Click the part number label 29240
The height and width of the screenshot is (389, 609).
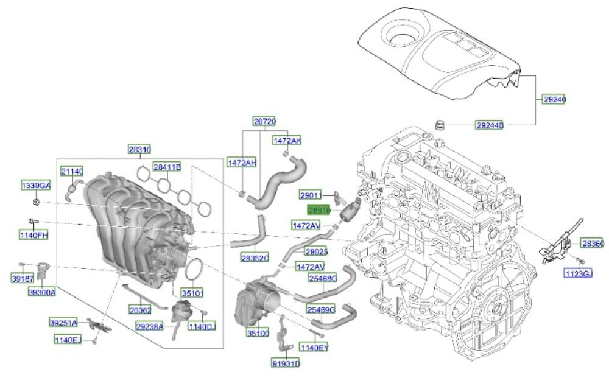click(554, 99)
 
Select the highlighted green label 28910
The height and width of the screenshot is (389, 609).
click(319, 211)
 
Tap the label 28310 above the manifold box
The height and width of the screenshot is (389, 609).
click(140, 150)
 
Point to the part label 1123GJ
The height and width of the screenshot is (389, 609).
click(579, 274)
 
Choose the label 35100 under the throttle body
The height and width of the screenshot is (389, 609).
click(258, 333)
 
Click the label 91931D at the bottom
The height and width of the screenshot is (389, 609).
click(286, 363)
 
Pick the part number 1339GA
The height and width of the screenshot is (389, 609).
click(36, 186)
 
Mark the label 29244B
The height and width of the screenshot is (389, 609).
click(490, 125)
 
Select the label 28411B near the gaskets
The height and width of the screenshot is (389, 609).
click(167, 167)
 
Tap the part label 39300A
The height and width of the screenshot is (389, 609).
click(42, 292)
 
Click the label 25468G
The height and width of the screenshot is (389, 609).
click(323, 278)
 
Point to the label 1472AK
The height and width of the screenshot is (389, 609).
click(287, 141)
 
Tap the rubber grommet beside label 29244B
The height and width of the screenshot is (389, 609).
click(439, 125)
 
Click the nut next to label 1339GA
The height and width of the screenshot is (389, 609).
click(37, 202)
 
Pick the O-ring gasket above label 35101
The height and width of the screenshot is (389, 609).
click(193, 270)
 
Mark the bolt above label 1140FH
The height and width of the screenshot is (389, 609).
click(33, 222)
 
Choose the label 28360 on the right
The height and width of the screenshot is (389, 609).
click(593, 243)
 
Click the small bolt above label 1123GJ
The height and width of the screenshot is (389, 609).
click(580, 260)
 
